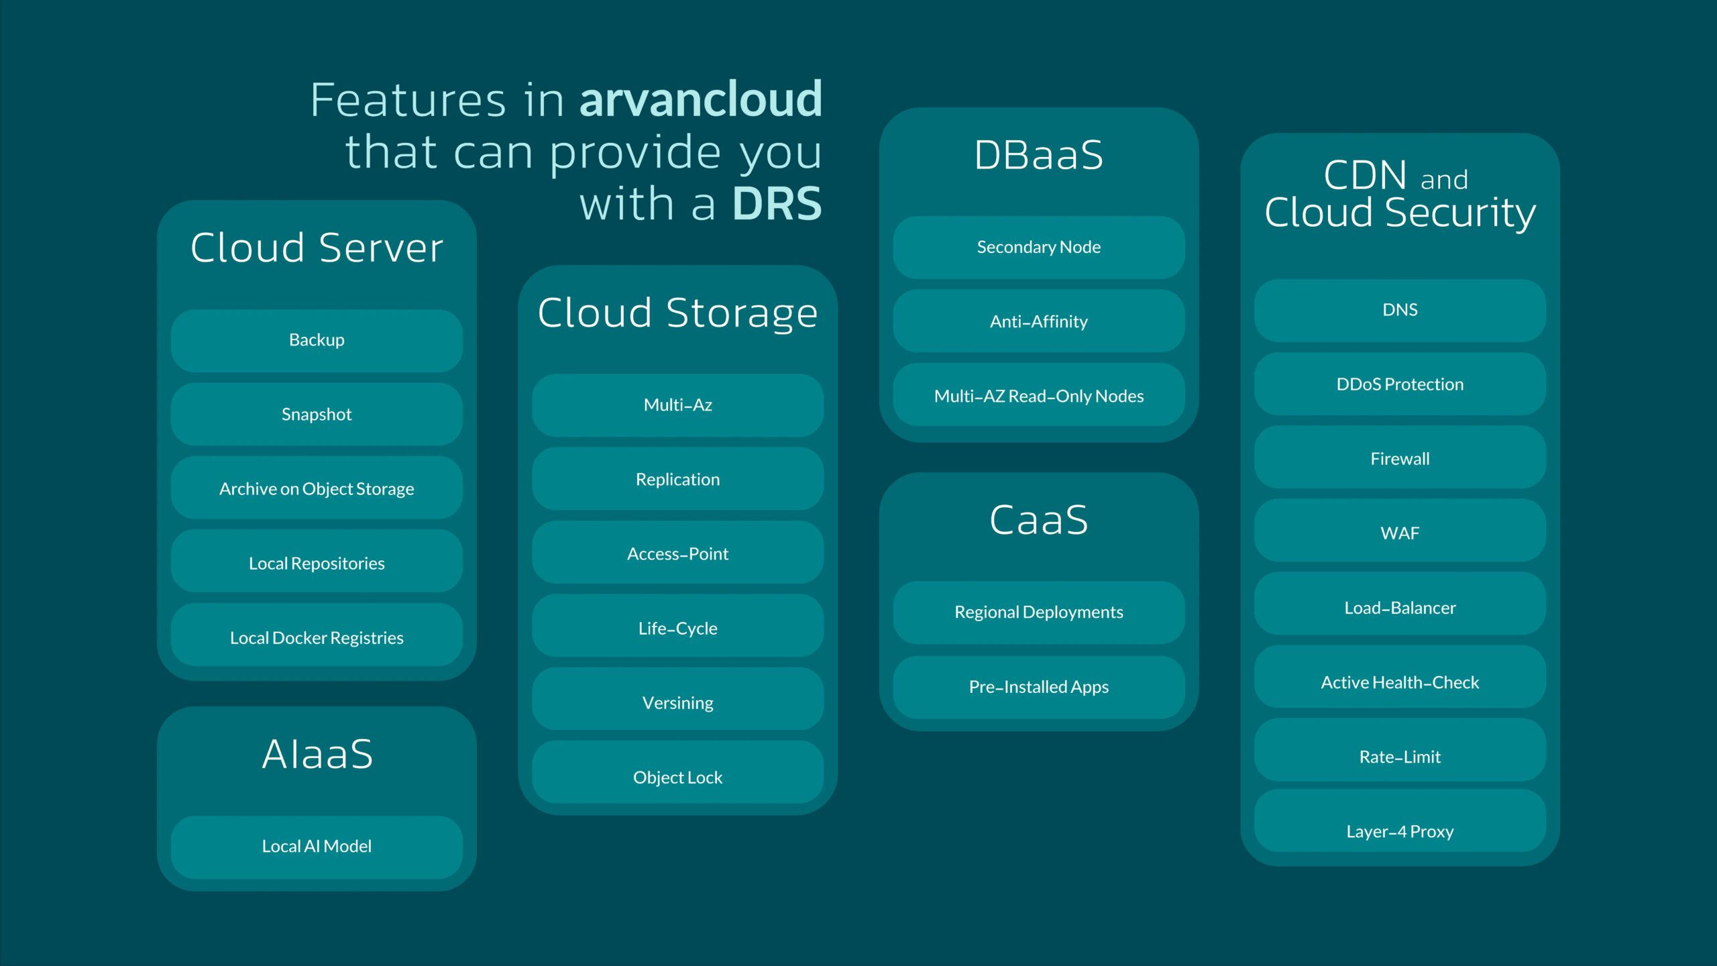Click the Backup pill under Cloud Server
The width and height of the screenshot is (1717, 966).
[317, 340]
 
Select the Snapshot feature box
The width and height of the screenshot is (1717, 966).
[317, 414]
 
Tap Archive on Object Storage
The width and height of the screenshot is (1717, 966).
[317, 488]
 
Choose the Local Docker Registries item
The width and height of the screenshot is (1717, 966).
[317, 637]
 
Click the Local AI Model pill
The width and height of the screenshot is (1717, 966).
[317, 847]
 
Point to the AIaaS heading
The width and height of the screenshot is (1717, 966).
[317, 754]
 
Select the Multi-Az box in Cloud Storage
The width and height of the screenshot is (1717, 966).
[677, 405]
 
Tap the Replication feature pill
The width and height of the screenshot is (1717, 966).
[677, 479]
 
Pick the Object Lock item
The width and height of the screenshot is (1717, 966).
[677, 777]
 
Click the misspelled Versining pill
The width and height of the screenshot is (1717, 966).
[677, 702]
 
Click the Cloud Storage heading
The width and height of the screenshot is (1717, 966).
[677, 313]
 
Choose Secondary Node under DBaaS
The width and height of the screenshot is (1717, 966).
[1038, 247]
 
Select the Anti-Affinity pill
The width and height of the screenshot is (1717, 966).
[1038, 321]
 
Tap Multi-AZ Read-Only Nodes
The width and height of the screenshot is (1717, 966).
[1038, 396]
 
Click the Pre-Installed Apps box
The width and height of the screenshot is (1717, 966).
[1038, 687]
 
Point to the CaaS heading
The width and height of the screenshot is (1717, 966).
[1038, 520]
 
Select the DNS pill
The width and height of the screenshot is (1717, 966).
[1400, 310]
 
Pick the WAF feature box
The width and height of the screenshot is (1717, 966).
[1400, 533]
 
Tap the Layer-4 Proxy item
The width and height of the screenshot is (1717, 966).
[1400, 831]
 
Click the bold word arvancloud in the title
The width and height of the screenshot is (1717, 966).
[700, 99]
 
